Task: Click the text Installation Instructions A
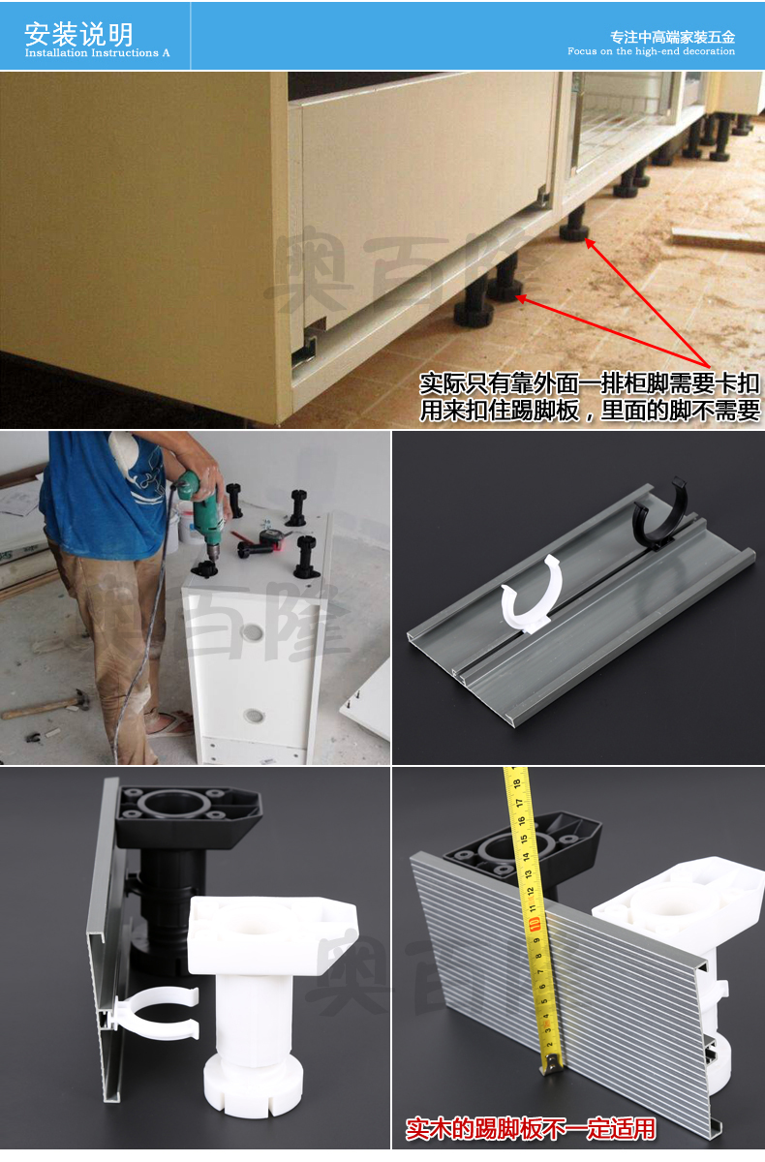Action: [x=97, y=53]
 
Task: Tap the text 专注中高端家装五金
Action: [x=672, y=37]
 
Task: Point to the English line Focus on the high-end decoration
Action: [x=651, y=51]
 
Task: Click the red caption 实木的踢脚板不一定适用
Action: [x=530, y=1129]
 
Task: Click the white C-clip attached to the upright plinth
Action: [x=155, y=1017]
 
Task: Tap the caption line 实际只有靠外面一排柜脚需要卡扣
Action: [x=589, y=383]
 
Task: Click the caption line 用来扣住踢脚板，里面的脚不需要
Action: [x=589, y=410]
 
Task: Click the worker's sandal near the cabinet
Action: [x=169, y=723]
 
